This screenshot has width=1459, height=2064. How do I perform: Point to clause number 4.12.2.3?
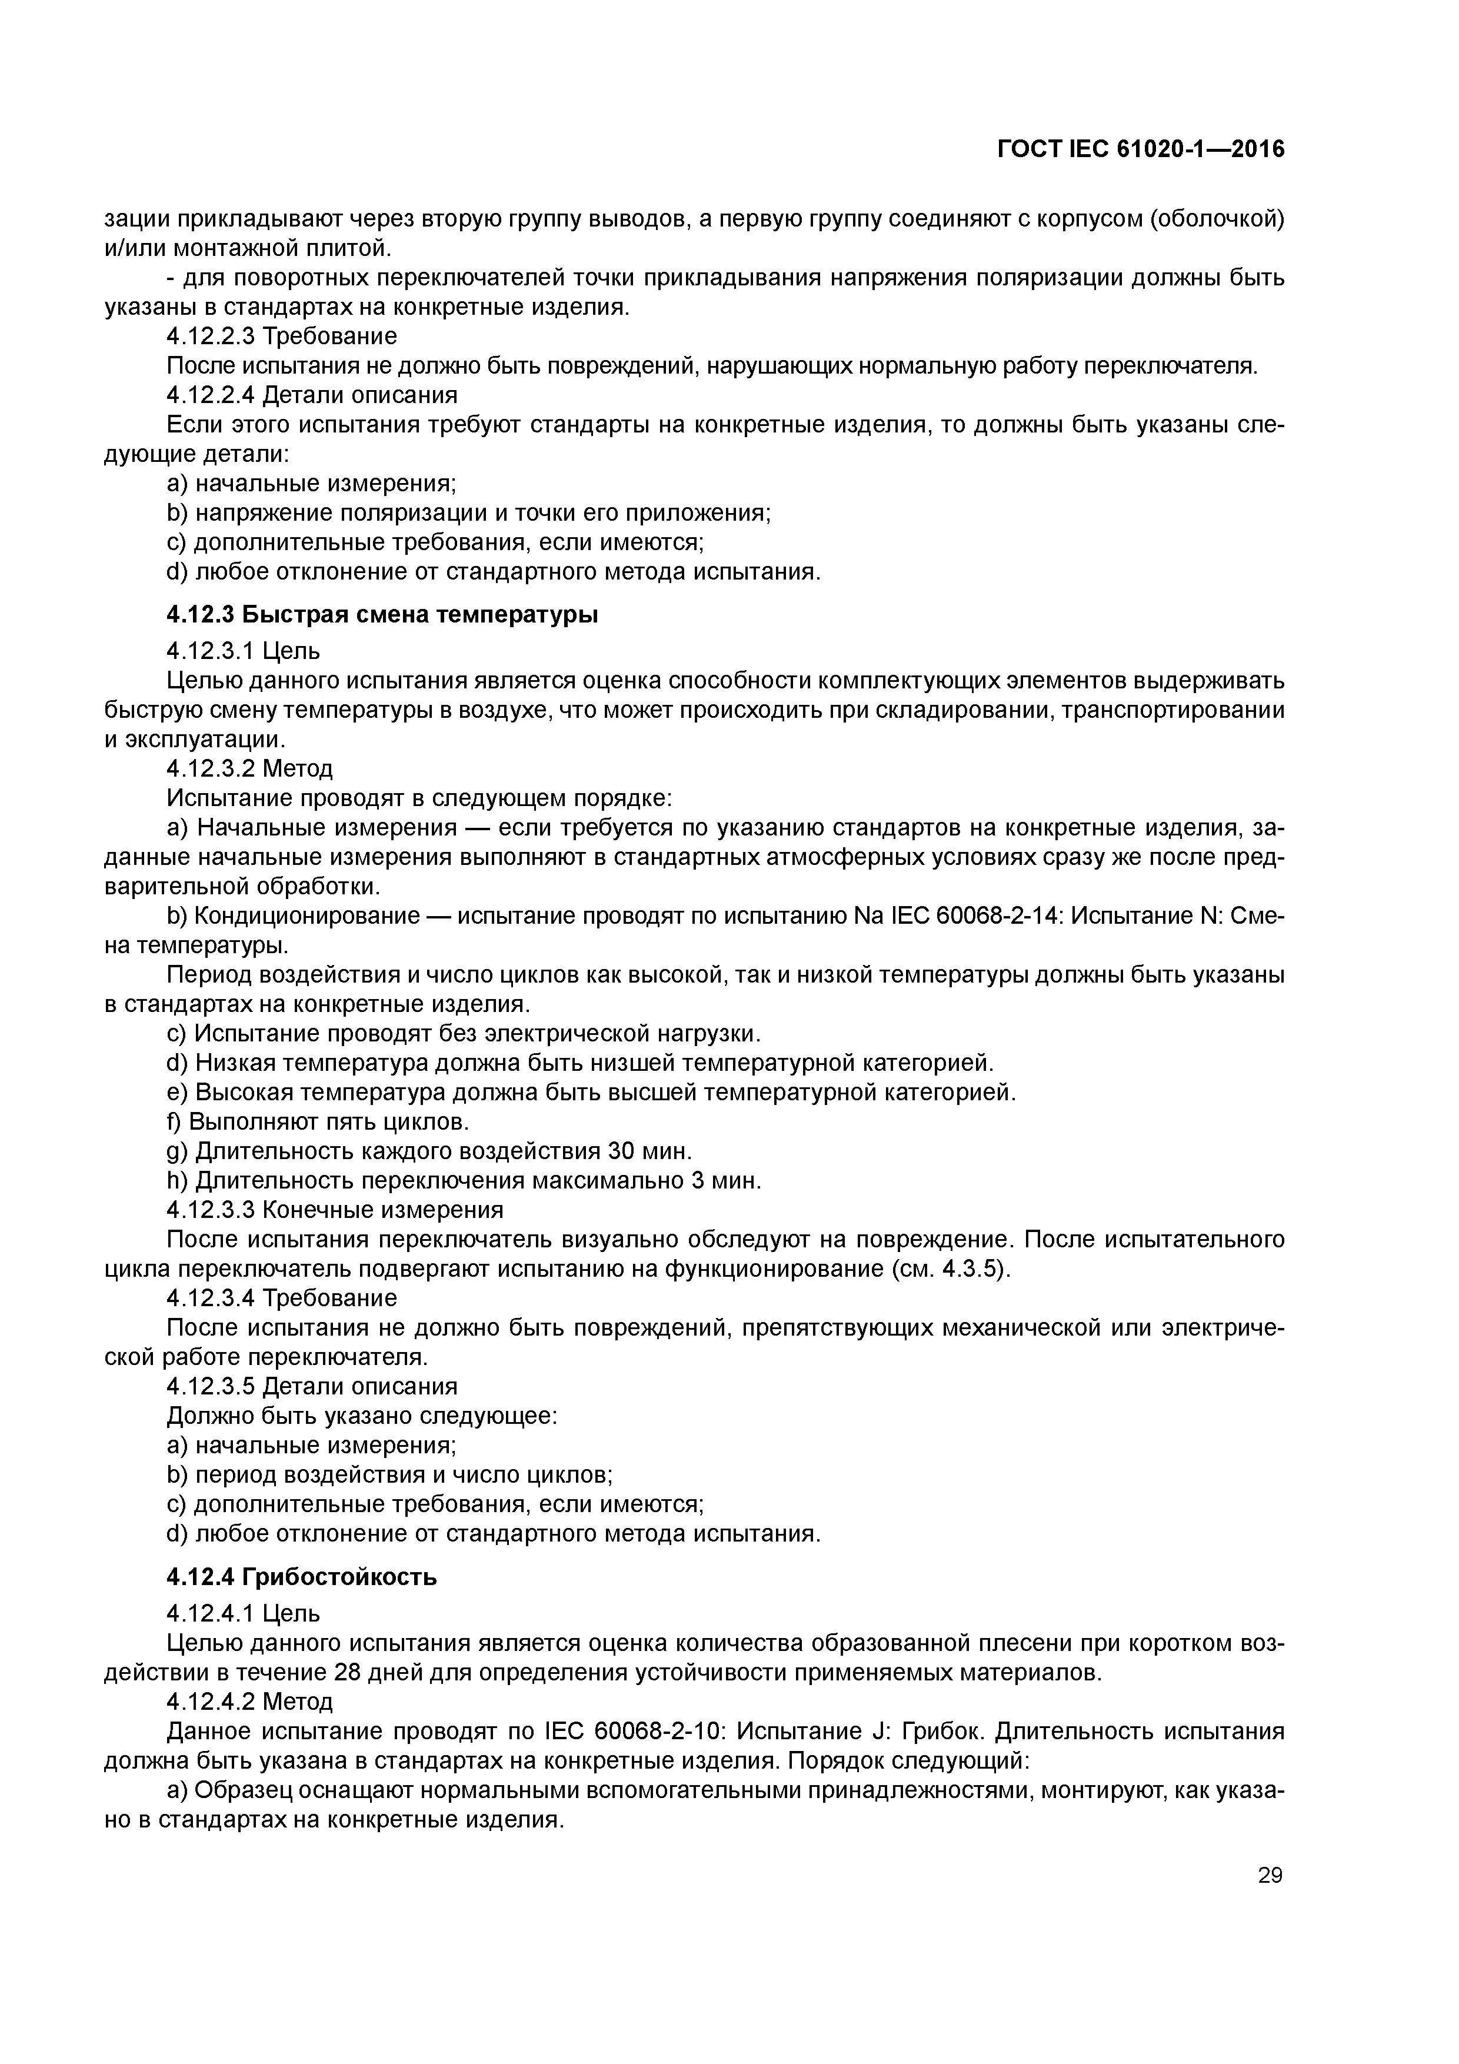pyautogui.click(x=211, y=336)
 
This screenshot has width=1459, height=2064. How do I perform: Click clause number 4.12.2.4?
pyautogui.click(x=211, y=395)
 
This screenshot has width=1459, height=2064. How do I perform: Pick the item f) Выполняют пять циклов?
pyautogui.click(x=318, y=1122)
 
